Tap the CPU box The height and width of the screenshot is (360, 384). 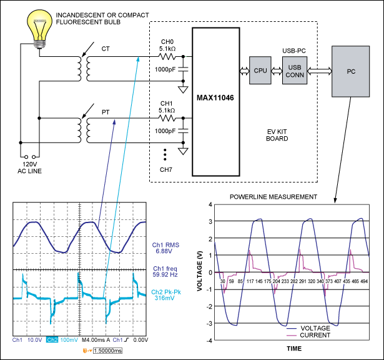(261, 70)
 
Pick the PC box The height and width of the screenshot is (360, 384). (352, 70)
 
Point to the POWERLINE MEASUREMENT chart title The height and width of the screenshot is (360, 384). (274, 197)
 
